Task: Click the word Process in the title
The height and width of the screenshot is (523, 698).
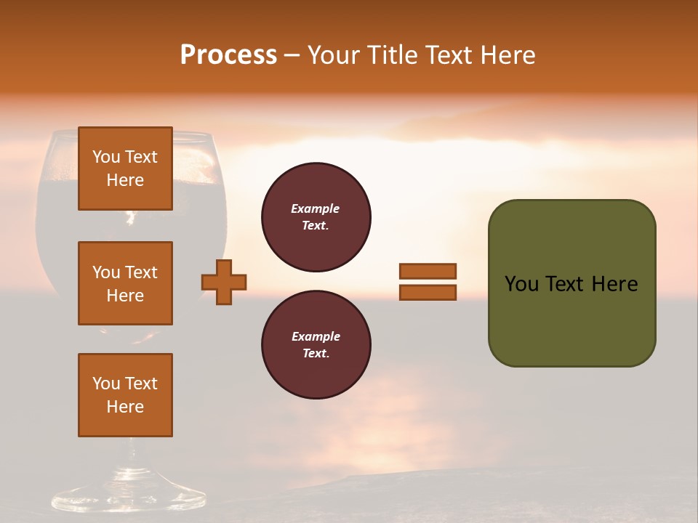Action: pos(228,55)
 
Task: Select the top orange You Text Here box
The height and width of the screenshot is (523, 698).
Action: pos(125,169)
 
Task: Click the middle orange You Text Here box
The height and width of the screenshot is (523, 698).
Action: pos(125,283)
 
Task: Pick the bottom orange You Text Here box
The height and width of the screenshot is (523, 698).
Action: pos(125,395)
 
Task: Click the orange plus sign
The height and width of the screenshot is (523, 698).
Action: pos(224,282)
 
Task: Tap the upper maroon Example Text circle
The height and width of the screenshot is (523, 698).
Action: pos(316,217)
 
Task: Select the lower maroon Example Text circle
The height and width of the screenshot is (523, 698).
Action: pos(316,345)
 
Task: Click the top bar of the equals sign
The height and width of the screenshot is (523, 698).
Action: pos(428,271)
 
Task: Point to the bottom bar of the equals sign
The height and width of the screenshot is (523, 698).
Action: pos(428,292)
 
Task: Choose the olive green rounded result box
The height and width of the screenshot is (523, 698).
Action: pos(571,320)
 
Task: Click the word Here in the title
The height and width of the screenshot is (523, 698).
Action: pos(508,55)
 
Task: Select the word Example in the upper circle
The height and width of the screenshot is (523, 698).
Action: pos(316,208)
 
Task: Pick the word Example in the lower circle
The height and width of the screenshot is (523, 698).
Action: pos(316,336)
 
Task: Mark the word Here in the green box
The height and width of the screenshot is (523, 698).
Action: pos(614,284)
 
